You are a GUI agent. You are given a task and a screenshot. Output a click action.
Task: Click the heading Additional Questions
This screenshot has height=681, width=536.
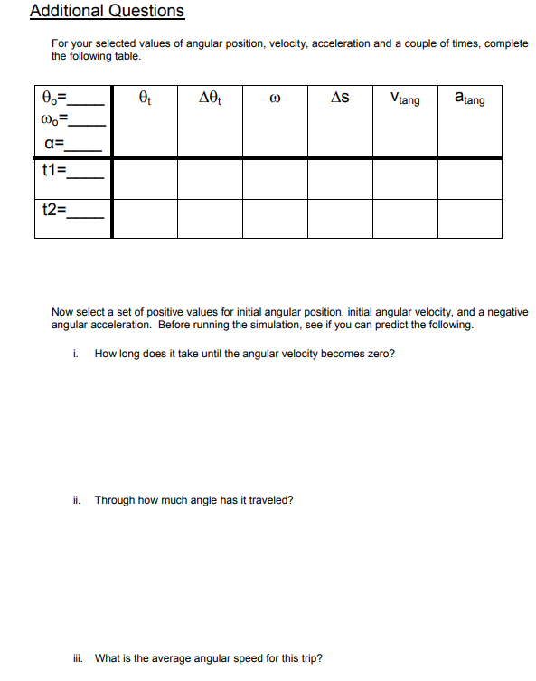107,12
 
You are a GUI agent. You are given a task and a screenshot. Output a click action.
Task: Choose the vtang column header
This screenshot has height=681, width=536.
405,99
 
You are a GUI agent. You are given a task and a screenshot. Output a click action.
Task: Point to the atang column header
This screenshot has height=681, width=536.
469,99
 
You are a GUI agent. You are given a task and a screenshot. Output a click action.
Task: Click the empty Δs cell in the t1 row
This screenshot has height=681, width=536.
340,179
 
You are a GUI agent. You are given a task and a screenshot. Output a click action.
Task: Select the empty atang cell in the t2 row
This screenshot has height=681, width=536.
469,218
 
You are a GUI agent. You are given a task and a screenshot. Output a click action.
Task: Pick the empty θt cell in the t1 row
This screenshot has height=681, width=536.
144,179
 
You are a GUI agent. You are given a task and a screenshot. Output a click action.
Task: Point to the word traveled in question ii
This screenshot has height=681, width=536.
270,500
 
